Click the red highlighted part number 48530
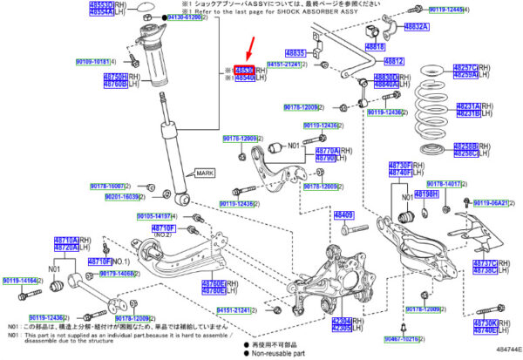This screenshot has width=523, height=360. tap(243, 69)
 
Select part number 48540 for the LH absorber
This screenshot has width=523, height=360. tap(243, 78)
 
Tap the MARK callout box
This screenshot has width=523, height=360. tap(205, 173)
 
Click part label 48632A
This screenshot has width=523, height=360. tap(414, 27)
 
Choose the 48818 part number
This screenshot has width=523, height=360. tap(376, 46)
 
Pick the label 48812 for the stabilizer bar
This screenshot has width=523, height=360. tap(394, 62)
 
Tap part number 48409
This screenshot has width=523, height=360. tap(345, 214)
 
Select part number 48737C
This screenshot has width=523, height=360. tap(484, 262)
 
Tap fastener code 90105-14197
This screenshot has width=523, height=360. tap(157, 214)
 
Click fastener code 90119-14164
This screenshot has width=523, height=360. tap(19, 280)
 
